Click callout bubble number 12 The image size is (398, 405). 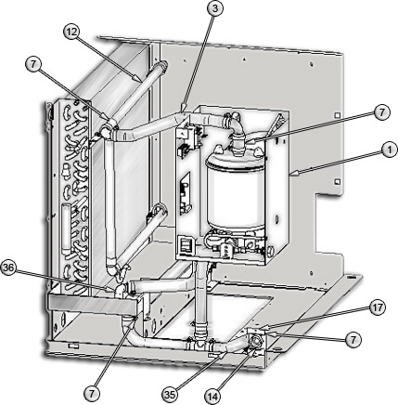coord(71,33)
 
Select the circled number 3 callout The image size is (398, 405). coord(215,8)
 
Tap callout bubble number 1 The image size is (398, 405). coord(389,150)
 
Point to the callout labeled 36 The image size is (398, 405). coord(7,268)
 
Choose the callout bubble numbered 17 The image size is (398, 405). coord(378,308)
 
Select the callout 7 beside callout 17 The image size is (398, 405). coord(353,340)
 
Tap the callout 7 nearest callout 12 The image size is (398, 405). coord(33,64)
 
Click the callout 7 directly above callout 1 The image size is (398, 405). coord(381,112)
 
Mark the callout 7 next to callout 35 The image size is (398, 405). coord(92,394)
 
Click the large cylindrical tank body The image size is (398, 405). coord(236,189)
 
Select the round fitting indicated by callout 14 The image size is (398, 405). coord(255,342)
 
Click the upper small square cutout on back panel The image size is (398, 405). coord(338,115)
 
